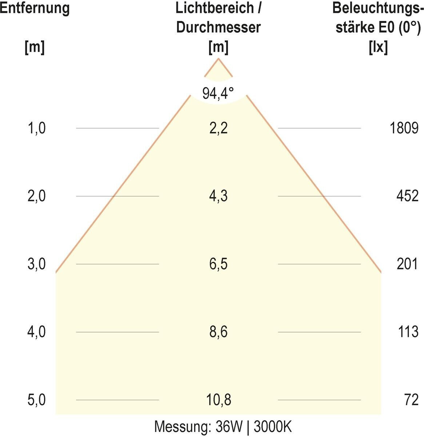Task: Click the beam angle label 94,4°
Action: point(218,94)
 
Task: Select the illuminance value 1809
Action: point(404,128)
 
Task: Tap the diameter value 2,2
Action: point(219,128)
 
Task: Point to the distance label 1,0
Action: point(37,128)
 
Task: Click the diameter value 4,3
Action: point(219,196)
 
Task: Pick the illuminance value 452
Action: point(407,196)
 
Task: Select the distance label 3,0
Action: point(37,264)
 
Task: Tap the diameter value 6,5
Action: point(219,264)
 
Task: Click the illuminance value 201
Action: point(407,264)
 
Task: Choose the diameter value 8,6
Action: point(219,332)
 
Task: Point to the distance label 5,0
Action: point(37,400)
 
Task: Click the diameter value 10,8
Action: point(219,400)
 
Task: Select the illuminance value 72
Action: point(411,400)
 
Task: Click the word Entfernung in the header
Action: point(35,8)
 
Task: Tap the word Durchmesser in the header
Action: point(219,27)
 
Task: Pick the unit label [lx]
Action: point(378,47)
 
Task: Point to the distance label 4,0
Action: point(37,332)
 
